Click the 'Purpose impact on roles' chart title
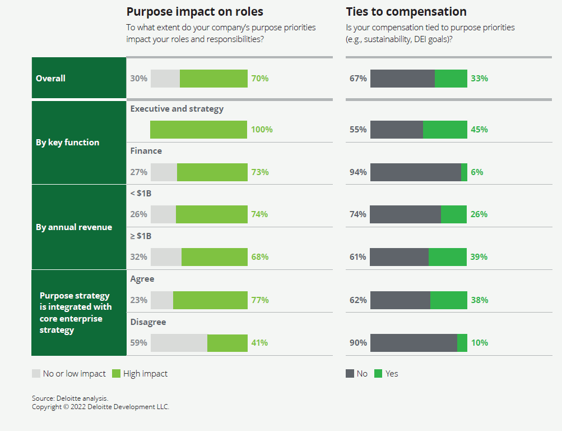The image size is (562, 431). coord(194,12)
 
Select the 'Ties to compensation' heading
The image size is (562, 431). coord(406,12)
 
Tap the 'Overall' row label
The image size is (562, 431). coord(50,79)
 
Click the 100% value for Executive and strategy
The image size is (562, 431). coord(262,130)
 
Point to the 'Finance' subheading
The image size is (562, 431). coord(146,151)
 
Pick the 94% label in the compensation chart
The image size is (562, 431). coord(358,172)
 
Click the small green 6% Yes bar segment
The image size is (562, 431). coord(464,172)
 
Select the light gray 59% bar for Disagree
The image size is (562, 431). coord(179,343)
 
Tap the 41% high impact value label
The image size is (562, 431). coord(259,343)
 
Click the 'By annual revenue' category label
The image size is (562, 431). coord(74,227)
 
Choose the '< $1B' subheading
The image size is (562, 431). coord(141,194)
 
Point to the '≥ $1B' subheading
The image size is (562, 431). coord(141,236)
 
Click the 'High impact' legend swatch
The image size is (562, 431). coord(117,374)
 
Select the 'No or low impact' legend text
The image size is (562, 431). coord(74,374)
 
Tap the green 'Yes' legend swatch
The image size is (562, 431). coord(378,374)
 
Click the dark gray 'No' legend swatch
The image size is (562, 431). coord(350,374)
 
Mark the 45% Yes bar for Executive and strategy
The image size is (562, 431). coord(445,130)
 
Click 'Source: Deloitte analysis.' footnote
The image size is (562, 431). coord(70,398)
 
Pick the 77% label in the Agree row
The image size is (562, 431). coord(260,300)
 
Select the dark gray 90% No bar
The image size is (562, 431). coord(414,343)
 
